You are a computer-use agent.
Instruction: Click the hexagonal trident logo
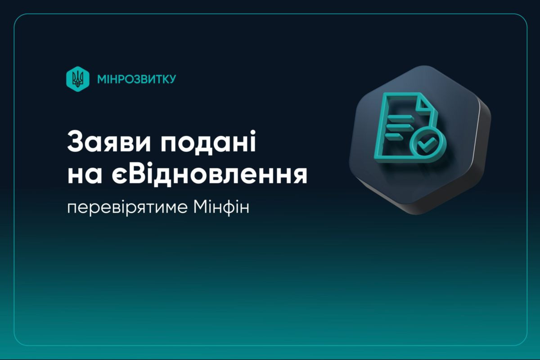coord(78,79)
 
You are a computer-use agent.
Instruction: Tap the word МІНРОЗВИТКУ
coord(137,79)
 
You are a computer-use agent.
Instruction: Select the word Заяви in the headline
coord(109,142)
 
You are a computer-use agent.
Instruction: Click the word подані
coord(208,142)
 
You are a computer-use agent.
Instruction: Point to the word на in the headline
coord(85,176)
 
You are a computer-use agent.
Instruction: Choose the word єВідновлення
coord(210,174)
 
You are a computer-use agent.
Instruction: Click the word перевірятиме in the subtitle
coord(127,207)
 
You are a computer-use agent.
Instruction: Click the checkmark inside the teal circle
coord(427,144)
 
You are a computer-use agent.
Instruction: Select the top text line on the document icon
coord(400,117)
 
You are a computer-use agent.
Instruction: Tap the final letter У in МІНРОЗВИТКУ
coord(171,79)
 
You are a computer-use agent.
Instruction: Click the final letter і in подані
coord(252,142)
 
